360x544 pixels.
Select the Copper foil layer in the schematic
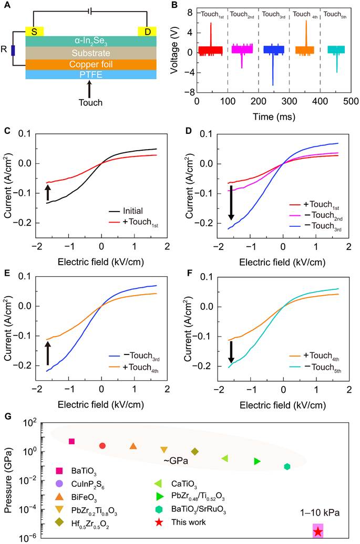pyautogui.click(x=90, y=64)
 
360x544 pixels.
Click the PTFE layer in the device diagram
pyautogui.click(x=90, y=75)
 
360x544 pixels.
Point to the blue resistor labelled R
pyautogui.click(x=13, y=50)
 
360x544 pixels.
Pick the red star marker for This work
pyautogui.click(x=318, y=532)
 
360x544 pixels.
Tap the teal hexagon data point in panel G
pyautogui.click(x=287, y=466)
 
